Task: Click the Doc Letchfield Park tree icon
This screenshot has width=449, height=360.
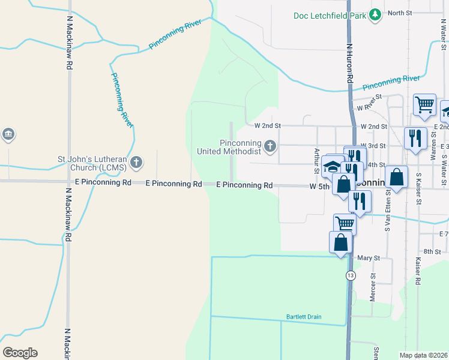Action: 375,14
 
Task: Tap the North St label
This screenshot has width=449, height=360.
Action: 399,13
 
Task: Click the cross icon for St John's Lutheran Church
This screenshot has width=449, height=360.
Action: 137,162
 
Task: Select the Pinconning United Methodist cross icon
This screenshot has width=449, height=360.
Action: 271,145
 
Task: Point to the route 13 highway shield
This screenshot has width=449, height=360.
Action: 350,275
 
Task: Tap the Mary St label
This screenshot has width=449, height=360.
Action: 369,257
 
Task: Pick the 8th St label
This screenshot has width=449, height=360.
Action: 432,251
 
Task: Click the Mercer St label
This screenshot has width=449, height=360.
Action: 373,287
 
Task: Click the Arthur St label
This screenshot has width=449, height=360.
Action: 317,159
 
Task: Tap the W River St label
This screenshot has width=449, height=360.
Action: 369,103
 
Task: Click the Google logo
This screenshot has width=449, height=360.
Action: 20,353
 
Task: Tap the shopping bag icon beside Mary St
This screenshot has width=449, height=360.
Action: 340,242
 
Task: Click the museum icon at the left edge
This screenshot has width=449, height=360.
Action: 8,134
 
